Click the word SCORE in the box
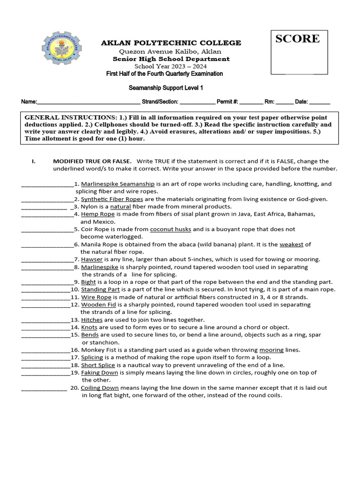297,39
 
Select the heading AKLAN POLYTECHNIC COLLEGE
171,43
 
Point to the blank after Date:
320,102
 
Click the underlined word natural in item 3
120,207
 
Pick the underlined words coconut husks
170,229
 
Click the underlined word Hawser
92,259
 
